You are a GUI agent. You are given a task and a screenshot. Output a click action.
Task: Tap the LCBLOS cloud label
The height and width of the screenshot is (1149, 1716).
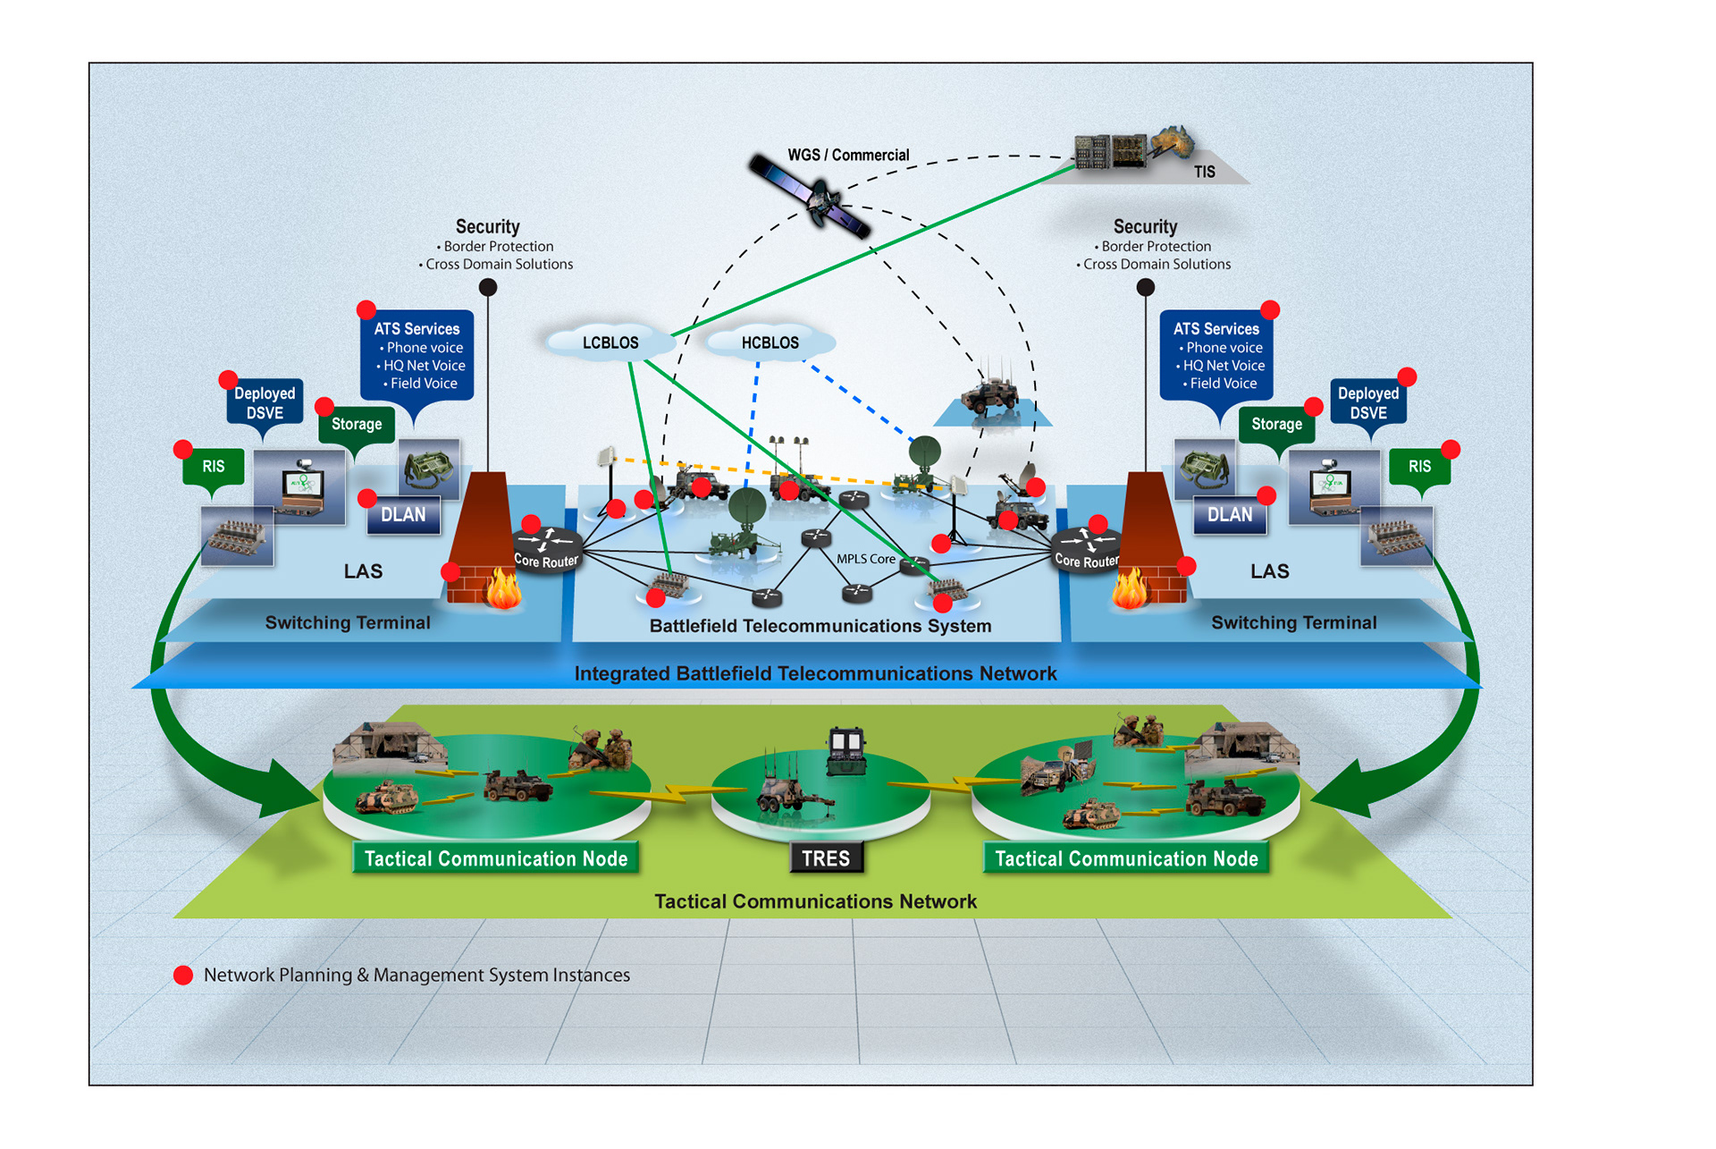(x=610, y=343)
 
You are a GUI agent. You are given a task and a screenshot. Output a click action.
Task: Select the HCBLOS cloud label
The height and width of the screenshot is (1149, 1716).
(x=770, y=343)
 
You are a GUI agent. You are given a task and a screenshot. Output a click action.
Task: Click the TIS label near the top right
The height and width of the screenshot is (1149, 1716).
(x=1204, y=172)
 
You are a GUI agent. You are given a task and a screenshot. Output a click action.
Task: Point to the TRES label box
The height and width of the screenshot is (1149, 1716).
(x=826, y=858)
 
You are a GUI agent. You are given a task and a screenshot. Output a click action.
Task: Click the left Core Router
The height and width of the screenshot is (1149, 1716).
(x=547, y=548)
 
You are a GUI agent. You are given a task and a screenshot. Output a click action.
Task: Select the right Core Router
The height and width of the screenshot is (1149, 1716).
(x=1086, y=548)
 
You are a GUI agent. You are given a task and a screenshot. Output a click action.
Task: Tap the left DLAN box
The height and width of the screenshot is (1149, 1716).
(x=403, y=515)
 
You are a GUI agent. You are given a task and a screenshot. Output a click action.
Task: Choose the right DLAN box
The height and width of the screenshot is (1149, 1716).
(x=1230, y=515)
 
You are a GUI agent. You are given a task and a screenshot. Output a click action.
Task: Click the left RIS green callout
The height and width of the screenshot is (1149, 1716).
(x=214, y=467)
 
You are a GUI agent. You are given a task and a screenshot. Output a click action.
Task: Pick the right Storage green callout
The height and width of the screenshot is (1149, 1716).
(x=1276, y=425)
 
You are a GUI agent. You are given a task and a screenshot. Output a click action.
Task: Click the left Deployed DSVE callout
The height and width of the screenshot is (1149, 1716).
(x=265, y=403)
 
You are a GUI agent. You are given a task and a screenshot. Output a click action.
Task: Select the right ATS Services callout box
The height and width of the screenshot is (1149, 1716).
(x=1216, y=355)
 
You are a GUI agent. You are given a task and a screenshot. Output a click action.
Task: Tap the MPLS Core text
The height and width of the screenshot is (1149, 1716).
(x=865, y=559)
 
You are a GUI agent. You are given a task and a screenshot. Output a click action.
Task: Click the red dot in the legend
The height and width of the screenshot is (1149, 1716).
(x=183, y=976)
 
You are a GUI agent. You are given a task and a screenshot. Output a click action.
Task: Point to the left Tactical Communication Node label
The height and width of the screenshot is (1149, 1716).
(x=496, y=858)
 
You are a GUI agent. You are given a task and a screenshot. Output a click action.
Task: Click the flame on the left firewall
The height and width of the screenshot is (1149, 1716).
(x=503, y=589)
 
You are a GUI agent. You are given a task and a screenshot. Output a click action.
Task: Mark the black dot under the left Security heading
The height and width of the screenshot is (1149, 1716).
(x=488, y=287)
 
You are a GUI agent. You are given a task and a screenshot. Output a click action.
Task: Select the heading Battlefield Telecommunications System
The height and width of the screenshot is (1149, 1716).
(x=820, y=626)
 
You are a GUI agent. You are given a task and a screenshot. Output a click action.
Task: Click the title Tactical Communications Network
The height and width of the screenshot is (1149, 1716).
(x=815, y=901)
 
